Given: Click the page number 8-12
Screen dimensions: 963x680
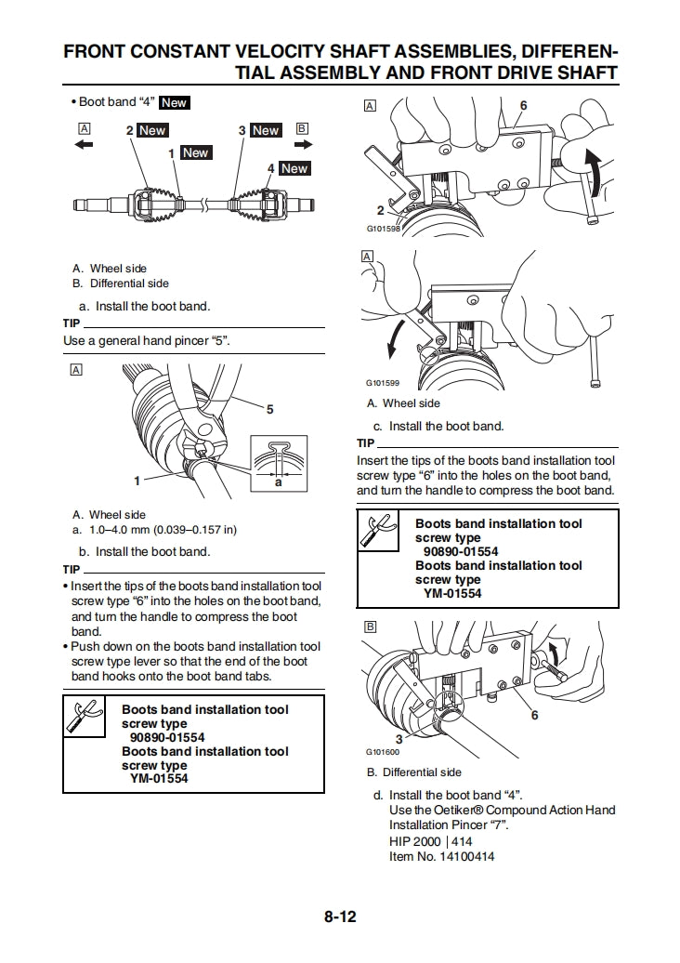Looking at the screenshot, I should [x=340, y=917].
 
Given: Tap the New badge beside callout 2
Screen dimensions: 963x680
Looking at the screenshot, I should [x=151, y=131].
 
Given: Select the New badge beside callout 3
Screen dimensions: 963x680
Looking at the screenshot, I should [x=265, y=131].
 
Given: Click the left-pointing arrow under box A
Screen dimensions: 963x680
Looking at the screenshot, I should [x=84, y=145].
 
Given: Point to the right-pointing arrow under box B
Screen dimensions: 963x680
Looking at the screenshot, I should [x=303, y=145].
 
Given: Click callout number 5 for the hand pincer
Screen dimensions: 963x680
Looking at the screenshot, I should [x=269, y=409].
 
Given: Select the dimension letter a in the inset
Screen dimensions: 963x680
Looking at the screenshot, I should [x=278, y=482].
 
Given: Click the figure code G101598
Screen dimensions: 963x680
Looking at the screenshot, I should [x=384, y=228].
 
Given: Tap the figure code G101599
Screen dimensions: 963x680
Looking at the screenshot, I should [x=384, y=383].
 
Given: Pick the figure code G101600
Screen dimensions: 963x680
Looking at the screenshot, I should [x=384, y=752].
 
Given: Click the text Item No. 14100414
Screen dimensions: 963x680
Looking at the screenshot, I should [x=441, y=856].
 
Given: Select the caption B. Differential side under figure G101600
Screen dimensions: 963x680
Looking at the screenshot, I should [x=413, y=772].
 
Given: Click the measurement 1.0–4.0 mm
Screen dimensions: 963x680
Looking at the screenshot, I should [x=121, y=530].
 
